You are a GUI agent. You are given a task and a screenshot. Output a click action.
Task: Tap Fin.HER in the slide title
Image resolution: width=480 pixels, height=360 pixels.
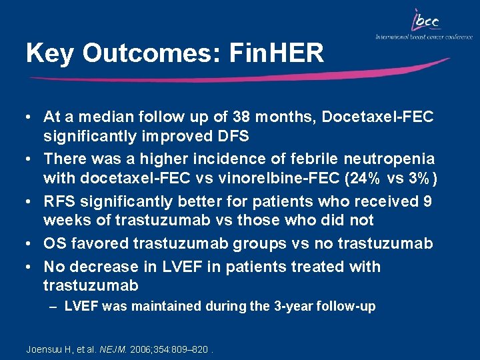tap(276, 53)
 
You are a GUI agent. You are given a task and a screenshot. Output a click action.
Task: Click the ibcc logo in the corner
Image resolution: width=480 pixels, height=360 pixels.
tap(425, 21)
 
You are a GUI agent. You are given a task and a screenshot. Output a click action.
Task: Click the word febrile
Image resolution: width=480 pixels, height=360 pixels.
tap(279, 159)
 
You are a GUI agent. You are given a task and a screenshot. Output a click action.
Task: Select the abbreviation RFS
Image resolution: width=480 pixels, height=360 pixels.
tap(58, 201)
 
